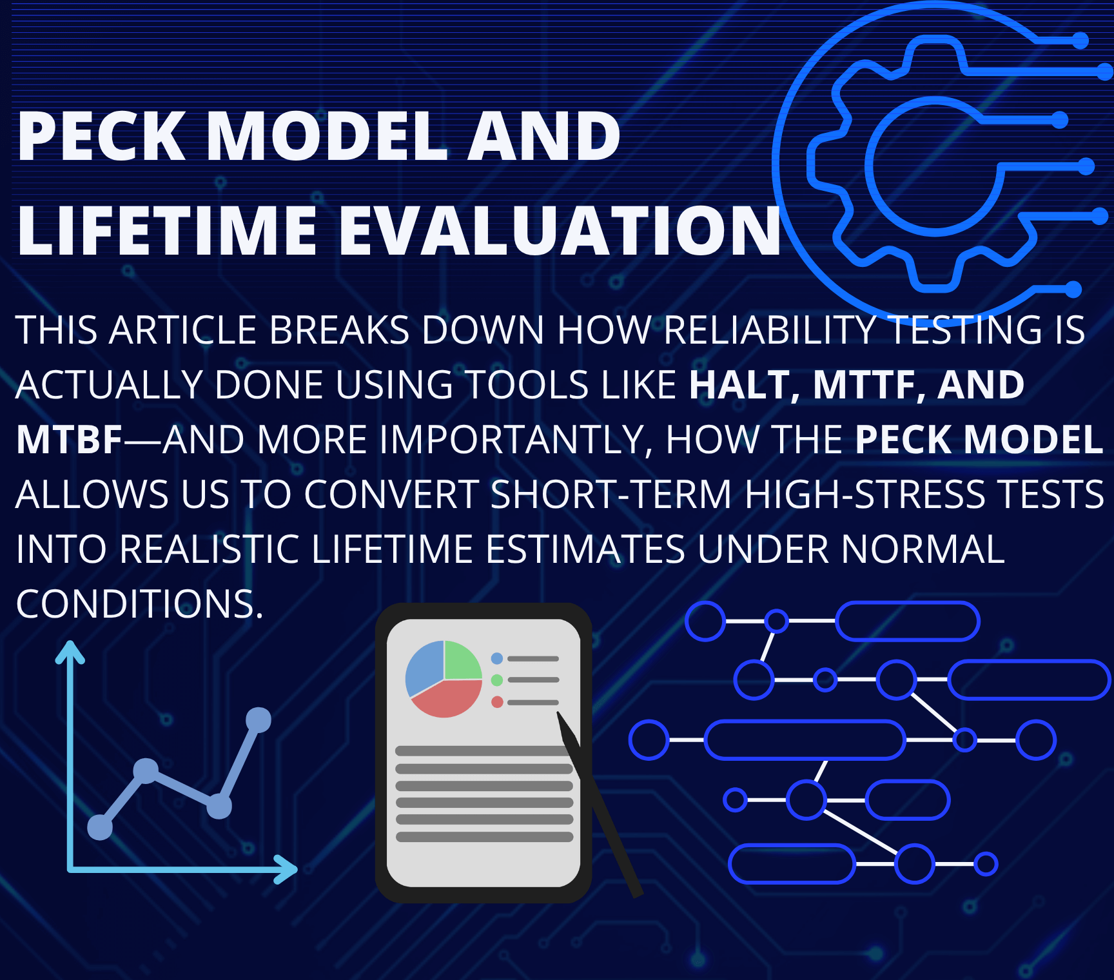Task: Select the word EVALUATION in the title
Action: click(x=560, y=231)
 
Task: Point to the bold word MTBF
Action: click(x=69, y=440)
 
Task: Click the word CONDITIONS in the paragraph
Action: click(x=140, y=604)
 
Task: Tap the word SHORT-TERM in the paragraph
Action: click(x=611, y=495)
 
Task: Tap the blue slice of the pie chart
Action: click(x=424, y=667)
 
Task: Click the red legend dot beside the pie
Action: click(x=497, y=701)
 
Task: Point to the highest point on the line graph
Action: click(x=259, y=720)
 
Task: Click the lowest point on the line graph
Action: click(x=100, y=827)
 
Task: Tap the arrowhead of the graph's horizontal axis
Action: click(x=286, y=869)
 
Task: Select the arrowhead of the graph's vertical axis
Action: click(x=70, y=652)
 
